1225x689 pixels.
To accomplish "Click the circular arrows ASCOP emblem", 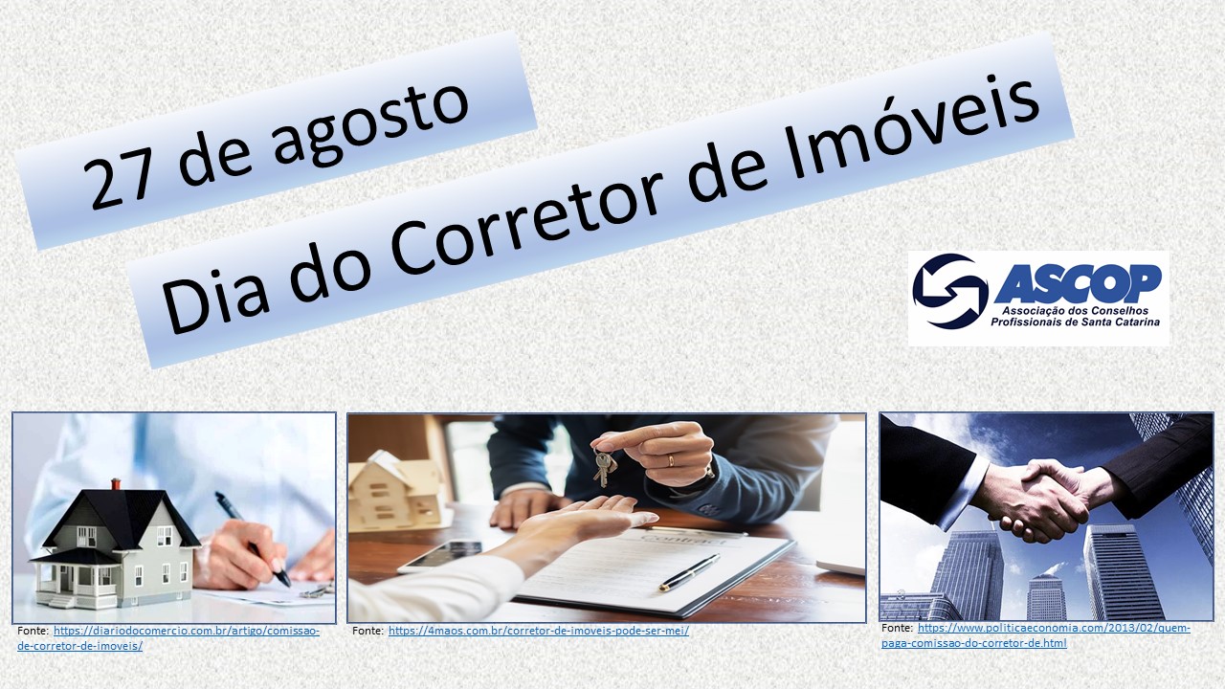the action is (950, 291).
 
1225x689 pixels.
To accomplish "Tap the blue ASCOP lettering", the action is (1078, 282).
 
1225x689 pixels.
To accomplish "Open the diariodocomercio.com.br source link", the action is (167, 638).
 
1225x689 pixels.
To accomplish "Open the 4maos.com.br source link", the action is (539, 631).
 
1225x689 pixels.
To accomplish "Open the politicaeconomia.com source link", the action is (1036, 635).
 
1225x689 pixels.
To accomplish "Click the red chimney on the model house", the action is (116, 484).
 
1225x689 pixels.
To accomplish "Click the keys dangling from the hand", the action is (604, 468).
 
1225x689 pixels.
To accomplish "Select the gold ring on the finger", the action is (671, 461).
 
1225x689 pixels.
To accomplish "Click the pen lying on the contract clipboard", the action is (689, 572).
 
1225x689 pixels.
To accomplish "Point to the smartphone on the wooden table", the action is (440, 556).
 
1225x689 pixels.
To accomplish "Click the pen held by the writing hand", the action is (253, 539).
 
